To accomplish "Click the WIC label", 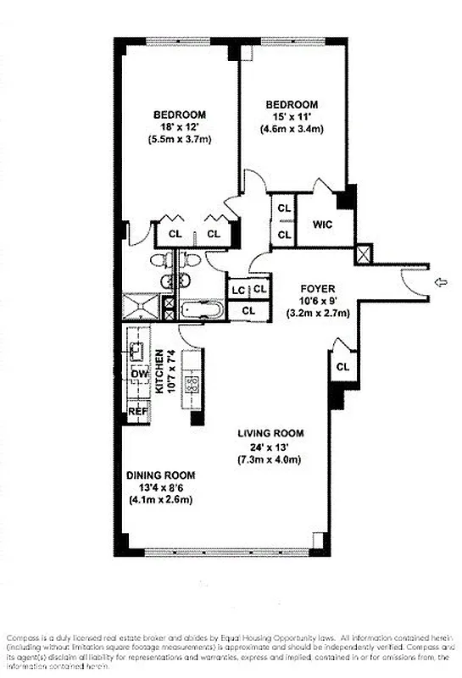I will point(321,225).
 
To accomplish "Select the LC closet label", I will point(239,290).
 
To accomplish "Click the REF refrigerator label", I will point(137,411).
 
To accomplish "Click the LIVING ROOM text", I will point(271,433).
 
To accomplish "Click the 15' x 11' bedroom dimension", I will point(295,116).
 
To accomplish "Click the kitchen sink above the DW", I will point(136,347).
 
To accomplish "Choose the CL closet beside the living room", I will point(342,367).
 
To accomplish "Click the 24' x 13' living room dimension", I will point(270,447).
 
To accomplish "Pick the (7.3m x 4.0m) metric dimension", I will point(270,460).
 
